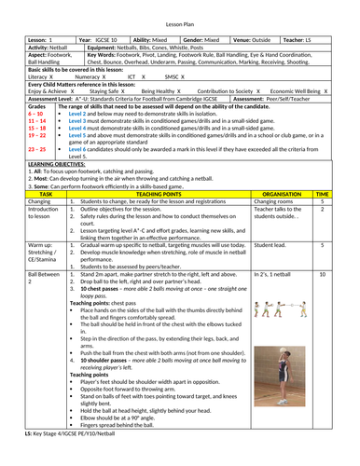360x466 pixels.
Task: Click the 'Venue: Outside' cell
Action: click(275, 42)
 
